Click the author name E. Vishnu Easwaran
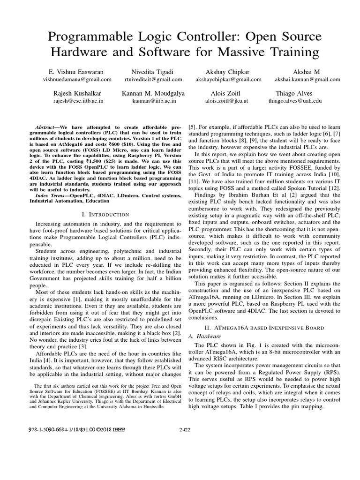click(77, 72)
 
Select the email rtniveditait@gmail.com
click(146, 80)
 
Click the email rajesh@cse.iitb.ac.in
click(78, 101)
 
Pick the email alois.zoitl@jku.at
click(226, 101)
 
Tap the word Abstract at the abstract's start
click(46, 127)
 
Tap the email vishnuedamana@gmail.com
click(77, 80)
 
